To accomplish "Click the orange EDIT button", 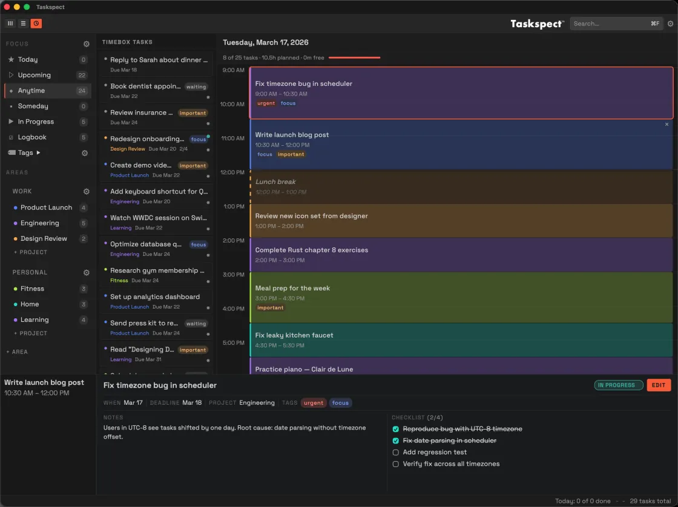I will pyautogui.click(x=659, y=385).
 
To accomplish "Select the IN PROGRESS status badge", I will pyautogui.click(x=618, y=385).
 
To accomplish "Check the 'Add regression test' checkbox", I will pyautogui.click(x=396, y=452).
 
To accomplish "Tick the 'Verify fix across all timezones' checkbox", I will pyautogui.click(x=396, y=464).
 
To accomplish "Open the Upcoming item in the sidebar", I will pyautogui.click(x=35, y=75).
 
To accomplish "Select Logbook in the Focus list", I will pyautogui.click(x=32, y=137).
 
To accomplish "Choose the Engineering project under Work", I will pyautogui.click(x=40, y=223).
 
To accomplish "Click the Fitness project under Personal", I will pyautogui.click(x=32, y=289).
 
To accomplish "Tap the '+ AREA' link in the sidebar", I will pyautogui.click(x=17, y=352).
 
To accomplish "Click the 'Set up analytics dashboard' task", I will pyautogui.click(x=155, y=297).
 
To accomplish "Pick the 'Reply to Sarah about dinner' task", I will pyautogui.click(x=159, y=60).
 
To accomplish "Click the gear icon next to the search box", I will pyautogui.click(x=670, y=24).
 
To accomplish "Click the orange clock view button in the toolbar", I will pyautogui.click(x=36, y=24).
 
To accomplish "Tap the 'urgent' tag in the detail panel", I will pyautogui.click(x=313, y=403).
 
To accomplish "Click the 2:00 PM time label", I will pyautogui.click(x=234, y=240).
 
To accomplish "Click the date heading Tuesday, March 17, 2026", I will pyautogui.click(x=266, y=42).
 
